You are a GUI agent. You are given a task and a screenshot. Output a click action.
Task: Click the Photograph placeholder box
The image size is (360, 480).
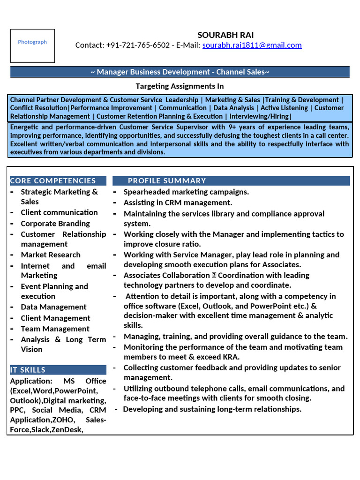pos(32,45)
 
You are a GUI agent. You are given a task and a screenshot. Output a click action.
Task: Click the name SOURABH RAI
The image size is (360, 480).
pos(225,35)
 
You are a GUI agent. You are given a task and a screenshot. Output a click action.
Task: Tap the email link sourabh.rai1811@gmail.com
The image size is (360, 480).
pos(252,45)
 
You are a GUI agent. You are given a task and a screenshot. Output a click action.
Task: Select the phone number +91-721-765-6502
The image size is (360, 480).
pos(138,45)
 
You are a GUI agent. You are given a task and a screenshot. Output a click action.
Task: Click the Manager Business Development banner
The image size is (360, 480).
pos(180,72)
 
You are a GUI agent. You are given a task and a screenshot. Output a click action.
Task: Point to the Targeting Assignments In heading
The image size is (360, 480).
pos(180,86)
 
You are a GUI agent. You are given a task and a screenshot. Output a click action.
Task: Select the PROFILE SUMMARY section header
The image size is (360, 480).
pos(167,180)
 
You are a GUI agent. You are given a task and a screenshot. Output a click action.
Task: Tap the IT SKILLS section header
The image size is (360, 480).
pos(28,370)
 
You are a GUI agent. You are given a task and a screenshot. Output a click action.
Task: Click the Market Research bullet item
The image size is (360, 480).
pos(51,255)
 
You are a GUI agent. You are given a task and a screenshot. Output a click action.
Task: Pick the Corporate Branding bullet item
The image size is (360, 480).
pos(55,224)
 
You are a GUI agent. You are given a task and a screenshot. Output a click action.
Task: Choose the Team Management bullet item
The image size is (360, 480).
pos(55,329)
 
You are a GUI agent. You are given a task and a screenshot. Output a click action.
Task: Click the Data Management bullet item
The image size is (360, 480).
pos(53,307)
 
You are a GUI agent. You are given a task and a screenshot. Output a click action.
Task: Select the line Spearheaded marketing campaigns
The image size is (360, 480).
pos(186,192)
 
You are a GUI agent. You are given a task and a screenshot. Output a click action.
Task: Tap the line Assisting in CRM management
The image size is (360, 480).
pos(178,202)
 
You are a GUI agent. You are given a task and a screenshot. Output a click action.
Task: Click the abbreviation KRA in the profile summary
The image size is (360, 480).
pos(229,357)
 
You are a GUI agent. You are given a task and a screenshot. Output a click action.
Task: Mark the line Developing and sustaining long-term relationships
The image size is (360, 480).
pos(212,409)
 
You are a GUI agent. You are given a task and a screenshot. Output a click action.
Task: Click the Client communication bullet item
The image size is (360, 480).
pos(59,212)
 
